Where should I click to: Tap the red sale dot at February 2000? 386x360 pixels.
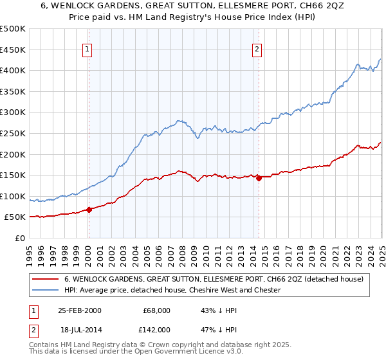point(89,209)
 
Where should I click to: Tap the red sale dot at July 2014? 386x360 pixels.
point(259,179)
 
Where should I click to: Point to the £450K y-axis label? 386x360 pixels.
point(13,50)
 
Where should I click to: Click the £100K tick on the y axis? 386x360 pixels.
point(13,196)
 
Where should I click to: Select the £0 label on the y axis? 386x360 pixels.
point(19,238)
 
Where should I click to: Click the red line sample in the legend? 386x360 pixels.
point(46,279)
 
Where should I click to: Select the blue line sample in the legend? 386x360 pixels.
point(46,290)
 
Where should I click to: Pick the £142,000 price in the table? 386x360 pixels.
point(157,329)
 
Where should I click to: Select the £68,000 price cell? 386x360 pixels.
point(157,310)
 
